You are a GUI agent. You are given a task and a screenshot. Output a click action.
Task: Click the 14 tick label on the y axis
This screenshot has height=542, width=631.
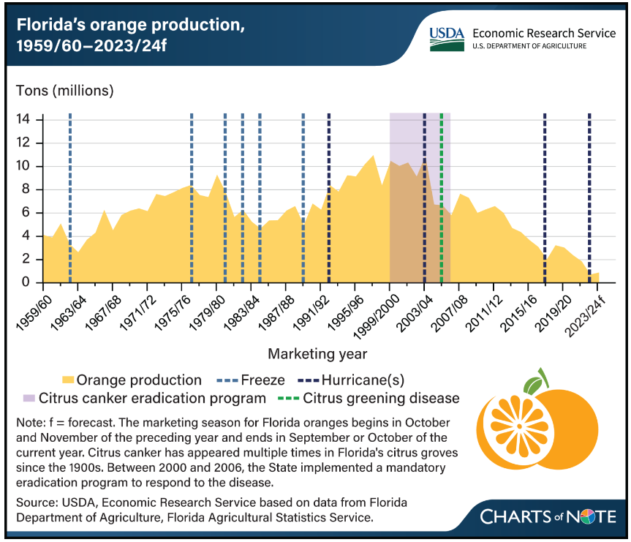(25, 119)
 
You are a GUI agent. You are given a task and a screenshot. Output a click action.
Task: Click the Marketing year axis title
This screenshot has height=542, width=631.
(317, 354)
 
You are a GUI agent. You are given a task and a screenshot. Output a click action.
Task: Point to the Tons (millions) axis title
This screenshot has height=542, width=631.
(65, 91)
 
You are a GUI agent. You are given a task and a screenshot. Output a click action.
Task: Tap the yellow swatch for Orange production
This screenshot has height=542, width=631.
(68, 380)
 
